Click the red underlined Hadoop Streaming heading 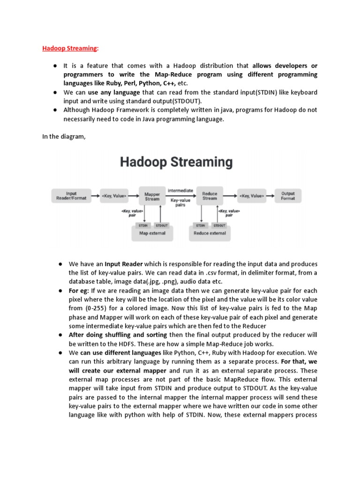(x=70, y=48)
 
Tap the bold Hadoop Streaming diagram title (x=176, y=163)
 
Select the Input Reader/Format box (x=71, y=195)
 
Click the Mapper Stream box (x=152, y=195)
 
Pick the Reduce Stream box (x=210, y=195)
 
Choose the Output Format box (x=288, y=195)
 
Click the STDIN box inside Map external (x=144, y=225)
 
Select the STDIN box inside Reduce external (x=201, y=225)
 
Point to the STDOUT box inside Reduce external (x=218, y=225)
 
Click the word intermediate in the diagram (x=180, y=190)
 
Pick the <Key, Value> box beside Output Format (x=252, y=195)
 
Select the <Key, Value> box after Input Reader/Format (x=114, y=195)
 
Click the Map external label (x=152, y=233)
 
